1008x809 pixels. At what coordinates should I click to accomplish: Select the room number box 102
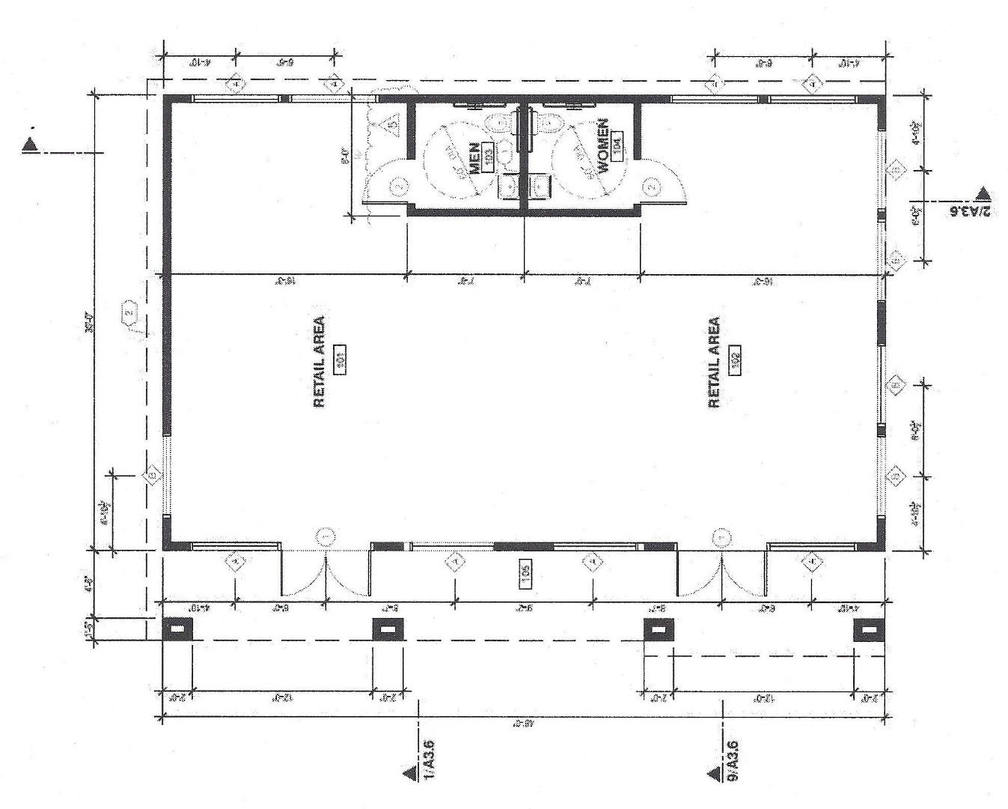coord(735,363)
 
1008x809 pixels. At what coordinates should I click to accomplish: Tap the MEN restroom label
coord(474,158)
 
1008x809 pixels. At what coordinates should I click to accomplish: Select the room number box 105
coord(526,574)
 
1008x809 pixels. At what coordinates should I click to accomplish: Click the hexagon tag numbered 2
coord(130,312)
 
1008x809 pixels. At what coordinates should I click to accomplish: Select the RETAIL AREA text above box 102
coord(714,363)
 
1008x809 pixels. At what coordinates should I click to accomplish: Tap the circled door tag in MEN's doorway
coord(399,187)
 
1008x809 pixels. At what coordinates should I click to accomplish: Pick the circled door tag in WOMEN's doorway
coord(651,187)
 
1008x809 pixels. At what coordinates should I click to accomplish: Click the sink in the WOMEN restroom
coord(540,184)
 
